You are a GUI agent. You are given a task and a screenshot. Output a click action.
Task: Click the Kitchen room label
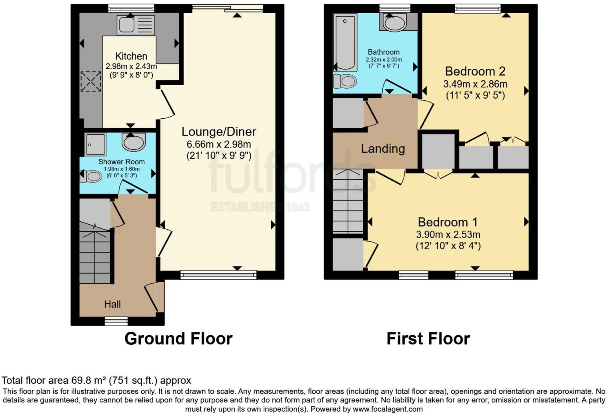click(x=131, y=56)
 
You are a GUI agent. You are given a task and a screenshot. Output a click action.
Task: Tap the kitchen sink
click(x=135, y=25)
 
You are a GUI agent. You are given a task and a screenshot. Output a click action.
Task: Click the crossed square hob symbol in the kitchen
click(x=91, y=82)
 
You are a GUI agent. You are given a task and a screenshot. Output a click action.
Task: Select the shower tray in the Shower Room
click(x=96, y=144)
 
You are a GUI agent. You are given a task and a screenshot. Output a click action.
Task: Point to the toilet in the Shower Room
click(x=91, y=176)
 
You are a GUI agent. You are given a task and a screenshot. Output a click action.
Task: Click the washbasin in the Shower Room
click(x=134, y=142)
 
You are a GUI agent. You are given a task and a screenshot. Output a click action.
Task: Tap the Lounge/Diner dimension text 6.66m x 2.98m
click(x=219, y=144)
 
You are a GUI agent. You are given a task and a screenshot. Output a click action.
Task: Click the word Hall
click(x=112, y=304)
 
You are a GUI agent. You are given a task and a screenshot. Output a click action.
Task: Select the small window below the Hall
click(x=116, y=320)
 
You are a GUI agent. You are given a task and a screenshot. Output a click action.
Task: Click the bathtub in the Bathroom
click(x=344, y=42)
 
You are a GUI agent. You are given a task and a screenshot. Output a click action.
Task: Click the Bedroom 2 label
click(x=475, y=71)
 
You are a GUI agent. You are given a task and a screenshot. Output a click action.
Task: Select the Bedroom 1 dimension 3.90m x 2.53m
click(x=448, y=235)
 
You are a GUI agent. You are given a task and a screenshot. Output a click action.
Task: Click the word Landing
click(x=383, y=149)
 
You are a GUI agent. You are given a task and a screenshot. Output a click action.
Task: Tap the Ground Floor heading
click(x=178, y=338)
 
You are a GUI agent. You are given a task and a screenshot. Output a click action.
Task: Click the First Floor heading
click(x=428, y=338)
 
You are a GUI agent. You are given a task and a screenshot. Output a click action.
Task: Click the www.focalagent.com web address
click(x=388, y=409)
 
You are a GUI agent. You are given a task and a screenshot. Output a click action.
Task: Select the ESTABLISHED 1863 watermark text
click(x=260, y=207)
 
